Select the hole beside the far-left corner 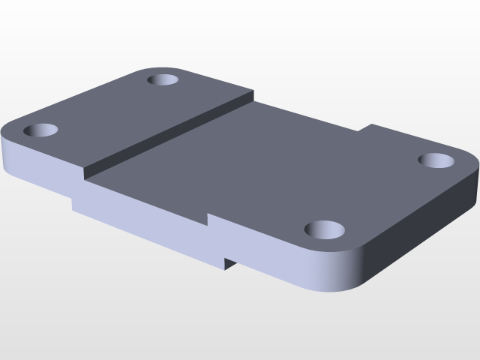tap(41, 130)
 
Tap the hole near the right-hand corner tap(437, 160)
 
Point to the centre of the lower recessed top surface tap(255, 165)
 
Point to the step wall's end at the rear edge tap(253, 96)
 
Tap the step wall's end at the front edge tap(85, 178)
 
